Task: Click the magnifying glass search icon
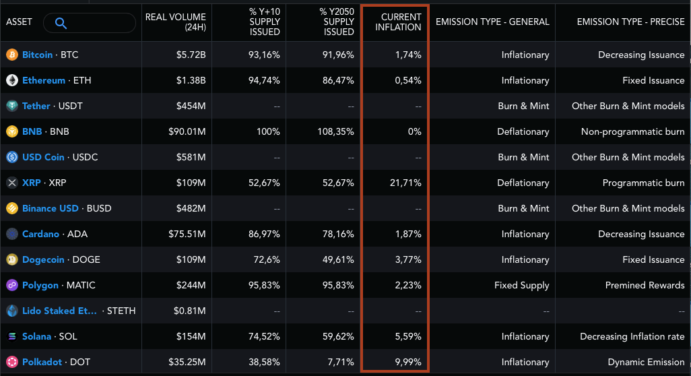pyautogui.click(x=61, y=24)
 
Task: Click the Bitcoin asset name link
pyautogui.click(x=37, y=55)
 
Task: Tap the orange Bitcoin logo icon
pyautogui.click(x=12, y=55)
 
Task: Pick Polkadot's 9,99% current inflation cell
pyautogui.click(x=408, y=362)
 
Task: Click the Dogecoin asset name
pyautogui.click(x=43, y=259)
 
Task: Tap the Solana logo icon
pyautogui.click(x=12, y=336)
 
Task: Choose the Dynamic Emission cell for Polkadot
pyautogui.click(x=646, y=362)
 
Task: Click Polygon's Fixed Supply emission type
pyautogui.click(x=521, y=285)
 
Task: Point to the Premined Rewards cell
pyautogui.click(x=645, y=285)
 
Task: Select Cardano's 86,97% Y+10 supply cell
pyautogui.click(x=264, y=234)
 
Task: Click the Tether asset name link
pyautogui.click(x=36, y=106)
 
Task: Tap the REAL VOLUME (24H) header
pyautogui.click(x=176, y=22)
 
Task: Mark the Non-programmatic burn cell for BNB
pyautogui.click(x=632, y=131)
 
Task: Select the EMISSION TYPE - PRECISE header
pyautogui.click(x=630, y=22)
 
